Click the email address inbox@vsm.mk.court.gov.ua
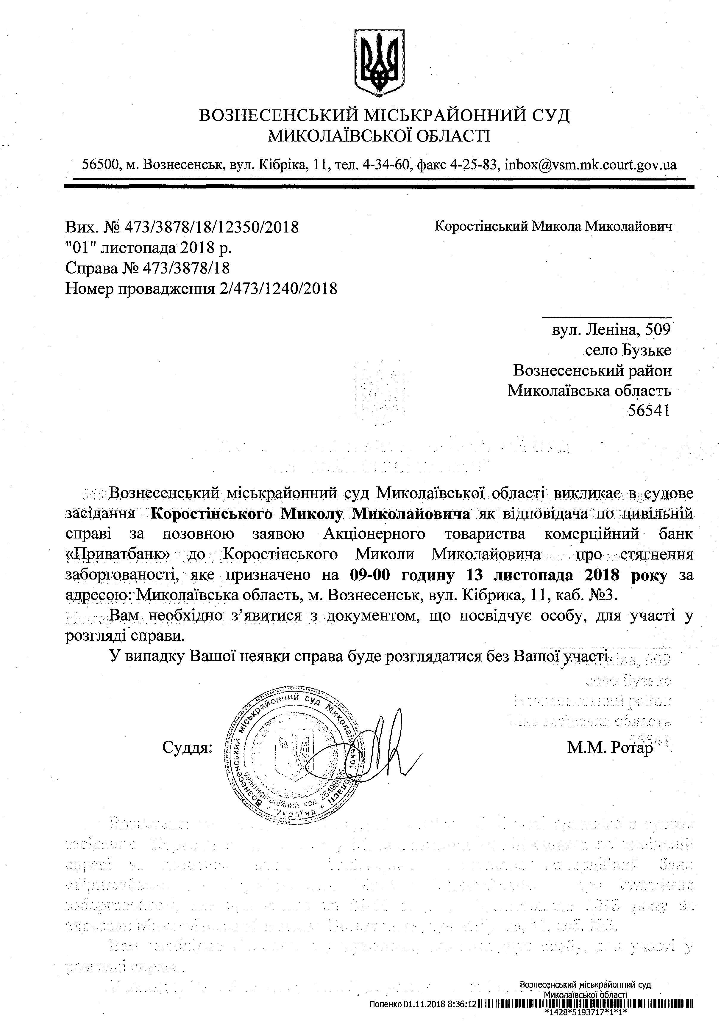coord(590,165)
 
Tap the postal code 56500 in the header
coord(101,165)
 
